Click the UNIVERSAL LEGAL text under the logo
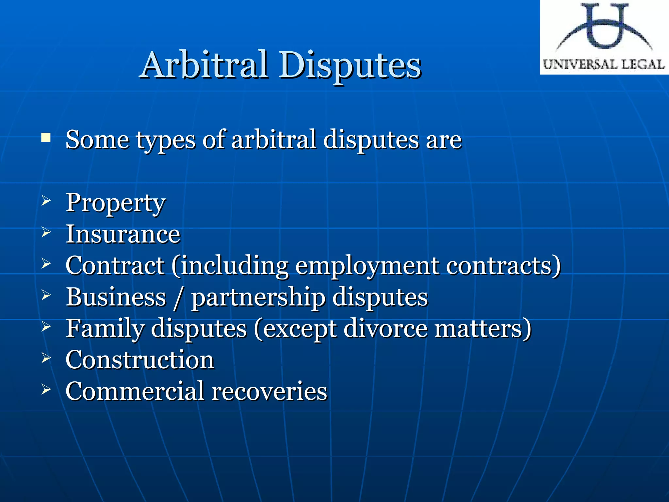point(604,64)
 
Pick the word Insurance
point(123,234)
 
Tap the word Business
point(116,297)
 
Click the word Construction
point(140,360)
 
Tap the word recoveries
point(269,391)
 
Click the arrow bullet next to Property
point(46,201)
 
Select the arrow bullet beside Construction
point(46,358)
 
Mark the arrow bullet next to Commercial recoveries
point(46,389)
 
